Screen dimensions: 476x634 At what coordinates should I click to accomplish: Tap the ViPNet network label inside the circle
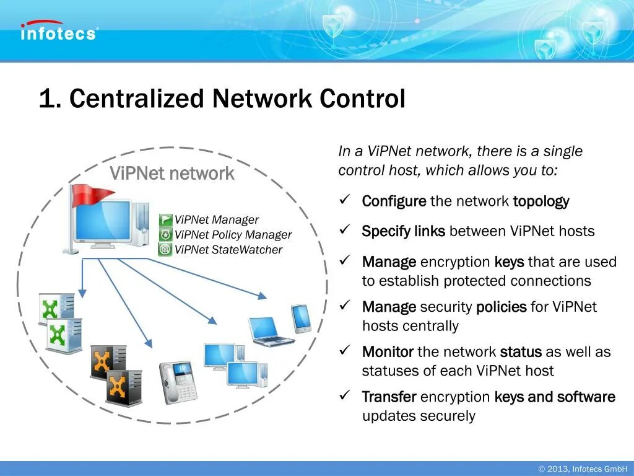pyautogui.click(x=172, y=174)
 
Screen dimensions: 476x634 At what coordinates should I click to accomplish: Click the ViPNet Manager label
pyautogui.click(x=217, y=220)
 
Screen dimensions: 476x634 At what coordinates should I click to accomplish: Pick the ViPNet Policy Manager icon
pyautogui.click(x=165, y=235)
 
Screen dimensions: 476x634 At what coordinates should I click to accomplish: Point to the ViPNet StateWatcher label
pyautogui.click(x=228, y=250)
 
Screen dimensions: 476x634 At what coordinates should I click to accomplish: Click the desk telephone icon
pyautogui.click(x=178, y=382)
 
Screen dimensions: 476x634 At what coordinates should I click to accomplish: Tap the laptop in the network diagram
pyautogui.click(x=269, y=331)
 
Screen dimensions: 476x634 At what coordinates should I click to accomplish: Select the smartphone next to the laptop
pyautogui.click(x=302, y=319)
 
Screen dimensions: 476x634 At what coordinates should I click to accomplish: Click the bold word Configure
pyautogui.click(x=394, y=201)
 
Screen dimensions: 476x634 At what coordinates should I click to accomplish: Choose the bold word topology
pyautogui.click(x=541, y=201)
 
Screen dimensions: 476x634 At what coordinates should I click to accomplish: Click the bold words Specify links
pyautogui.click(x=403, y=232)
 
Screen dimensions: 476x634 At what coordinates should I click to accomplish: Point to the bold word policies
pyautogui.click(x=501, y=307)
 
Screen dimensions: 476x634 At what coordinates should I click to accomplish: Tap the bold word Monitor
pyautogui.click(x=388, y=352)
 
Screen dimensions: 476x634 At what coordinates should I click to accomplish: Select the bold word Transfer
pyautogui.click(x=389, y=397)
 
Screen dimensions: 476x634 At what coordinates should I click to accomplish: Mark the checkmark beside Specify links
pyautogui.click(x=345, y=230)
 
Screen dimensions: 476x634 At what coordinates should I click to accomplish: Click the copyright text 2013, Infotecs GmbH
pyautogui.click(x=583, y=469)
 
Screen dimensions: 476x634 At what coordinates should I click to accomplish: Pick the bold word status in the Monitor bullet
pyautogui.click(x=521, y=352)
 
